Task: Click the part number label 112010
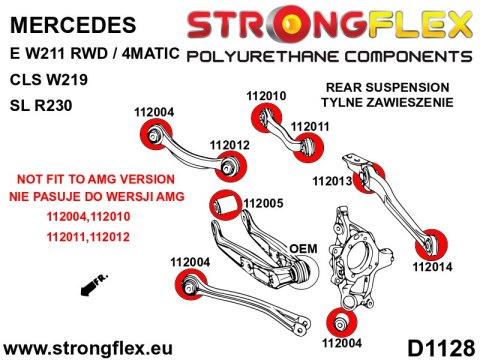pyautogui.click(x=266, y=96)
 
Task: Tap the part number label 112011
pyautogui.click(x=310, y=127)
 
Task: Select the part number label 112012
pyautogui.click(x=229, y=145)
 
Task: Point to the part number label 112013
pyautogui.click(x=332, y=181)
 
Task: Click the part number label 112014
pyautogui.click(x=432, y=267)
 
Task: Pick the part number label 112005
pyautogui.click(x=263, y=203)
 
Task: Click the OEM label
pyautogui.click(x=303, y=249)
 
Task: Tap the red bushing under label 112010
pyautogui.click(x=266, y=118)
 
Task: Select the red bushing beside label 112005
pyautogui.click(x=225, y=205)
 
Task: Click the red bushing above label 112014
pyautogui.click(x=431, y=245)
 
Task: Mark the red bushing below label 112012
pyautogui.click(x=231, y=166)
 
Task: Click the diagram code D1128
pyautogui.click(x=441, y=349)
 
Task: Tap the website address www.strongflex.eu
pyautogui.click(x=88, y=349)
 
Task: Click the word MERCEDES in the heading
pyautogui.click(x=73, y=25)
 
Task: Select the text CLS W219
pyautogui.click(x=49, y=80)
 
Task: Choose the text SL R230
pyautogui.click(x=41, y=106)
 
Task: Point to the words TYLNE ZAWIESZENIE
pyautogui.click(x=387, y=102)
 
